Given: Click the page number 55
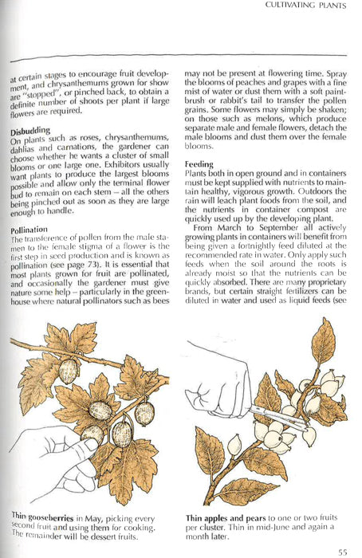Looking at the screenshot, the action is point(342,551).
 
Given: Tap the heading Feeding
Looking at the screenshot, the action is point(199,163).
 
